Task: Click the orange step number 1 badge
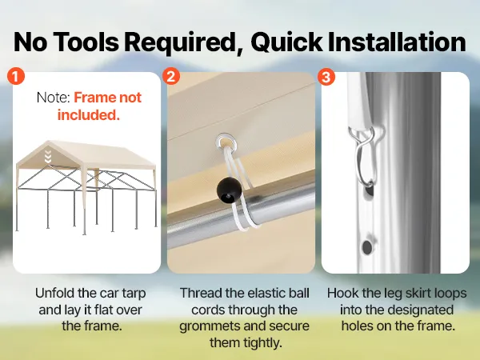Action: tap(16, 76)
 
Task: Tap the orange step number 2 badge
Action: tap(171, 76)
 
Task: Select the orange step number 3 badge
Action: tap(326, 77)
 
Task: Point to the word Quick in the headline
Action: tap(286, 42)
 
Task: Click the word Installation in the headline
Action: tap(397, 42)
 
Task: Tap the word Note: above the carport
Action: tap(54, 98)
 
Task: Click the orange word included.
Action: tap(89, 115)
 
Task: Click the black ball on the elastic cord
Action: tap(229, 190)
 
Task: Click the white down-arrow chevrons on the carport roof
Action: tap(48, 157)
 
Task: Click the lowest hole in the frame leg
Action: tap(366, 246)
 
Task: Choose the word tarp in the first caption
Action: tap(134, 294)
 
